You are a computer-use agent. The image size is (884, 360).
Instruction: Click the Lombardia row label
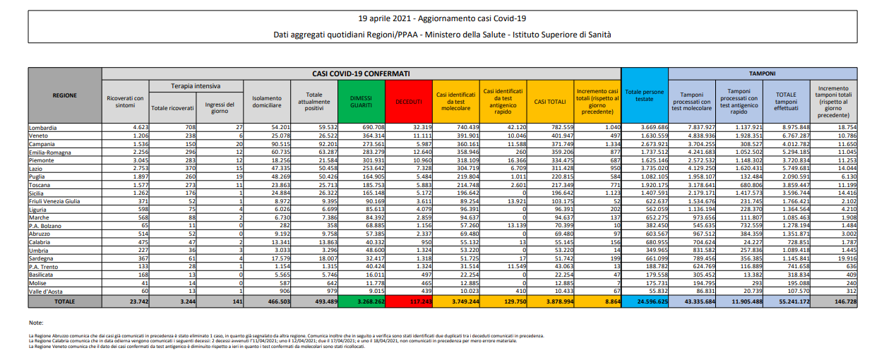tap(42, 127)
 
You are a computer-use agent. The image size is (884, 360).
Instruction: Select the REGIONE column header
tap(65, 95)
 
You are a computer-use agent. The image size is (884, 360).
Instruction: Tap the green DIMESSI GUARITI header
tap(361, 102)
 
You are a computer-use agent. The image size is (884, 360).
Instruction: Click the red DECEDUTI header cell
tap(409, 102)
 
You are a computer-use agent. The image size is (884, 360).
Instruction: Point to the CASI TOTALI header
tap(549, 102)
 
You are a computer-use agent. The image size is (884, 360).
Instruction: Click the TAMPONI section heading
tap(762, 72)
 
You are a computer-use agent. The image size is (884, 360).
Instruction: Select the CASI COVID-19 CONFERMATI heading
tap(361, 72)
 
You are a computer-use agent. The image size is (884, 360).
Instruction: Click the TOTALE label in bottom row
tap(65, 301)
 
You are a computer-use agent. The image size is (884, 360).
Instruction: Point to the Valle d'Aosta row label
tap(47, 292)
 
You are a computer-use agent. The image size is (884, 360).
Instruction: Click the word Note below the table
tap(37, 322)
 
